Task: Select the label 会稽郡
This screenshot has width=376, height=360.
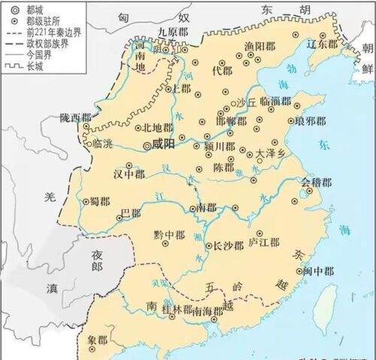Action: click(317, 183)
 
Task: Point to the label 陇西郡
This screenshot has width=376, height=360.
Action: click(76, 118)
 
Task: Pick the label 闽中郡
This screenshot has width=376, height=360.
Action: click(315, 271)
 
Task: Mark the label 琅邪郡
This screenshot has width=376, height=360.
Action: click(311, 120)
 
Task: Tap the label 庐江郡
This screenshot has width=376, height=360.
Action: click(264, 243)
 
